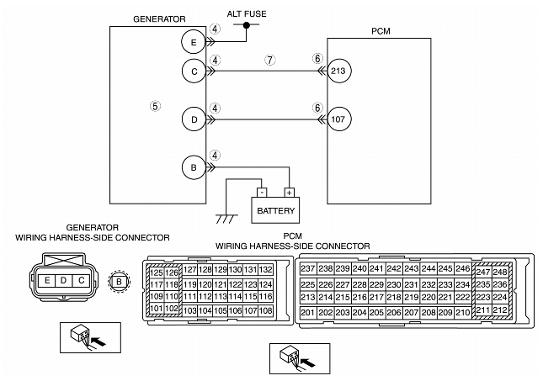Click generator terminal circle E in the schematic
pos(194,42)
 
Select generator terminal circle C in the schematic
pos(194,71)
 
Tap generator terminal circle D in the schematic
pos(194,119)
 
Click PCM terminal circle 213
pos(339,71)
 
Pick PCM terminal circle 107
pos(339,119)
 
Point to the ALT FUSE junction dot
pos(246,25)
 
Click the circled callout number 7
pos(270,60)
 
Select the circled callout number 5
pos(155,105)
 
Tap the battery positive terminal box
pos(289,193)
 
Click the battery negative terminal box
pos(262,193)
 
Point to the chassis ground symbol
pos(226,219)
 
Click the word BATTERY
pos(275,210)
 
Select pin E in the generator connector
pos(47,280)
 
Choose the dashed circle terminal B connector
pos(119,282)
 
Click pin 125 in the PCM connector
pos(157,273)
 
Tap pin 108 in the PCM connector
pos(266,310)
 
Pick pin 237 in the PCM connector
pos(308,268)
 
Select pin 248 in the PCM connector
pos(500,272)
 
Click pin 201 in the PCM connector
pos(308,313)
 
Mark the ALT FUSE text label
pos(247,13)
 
